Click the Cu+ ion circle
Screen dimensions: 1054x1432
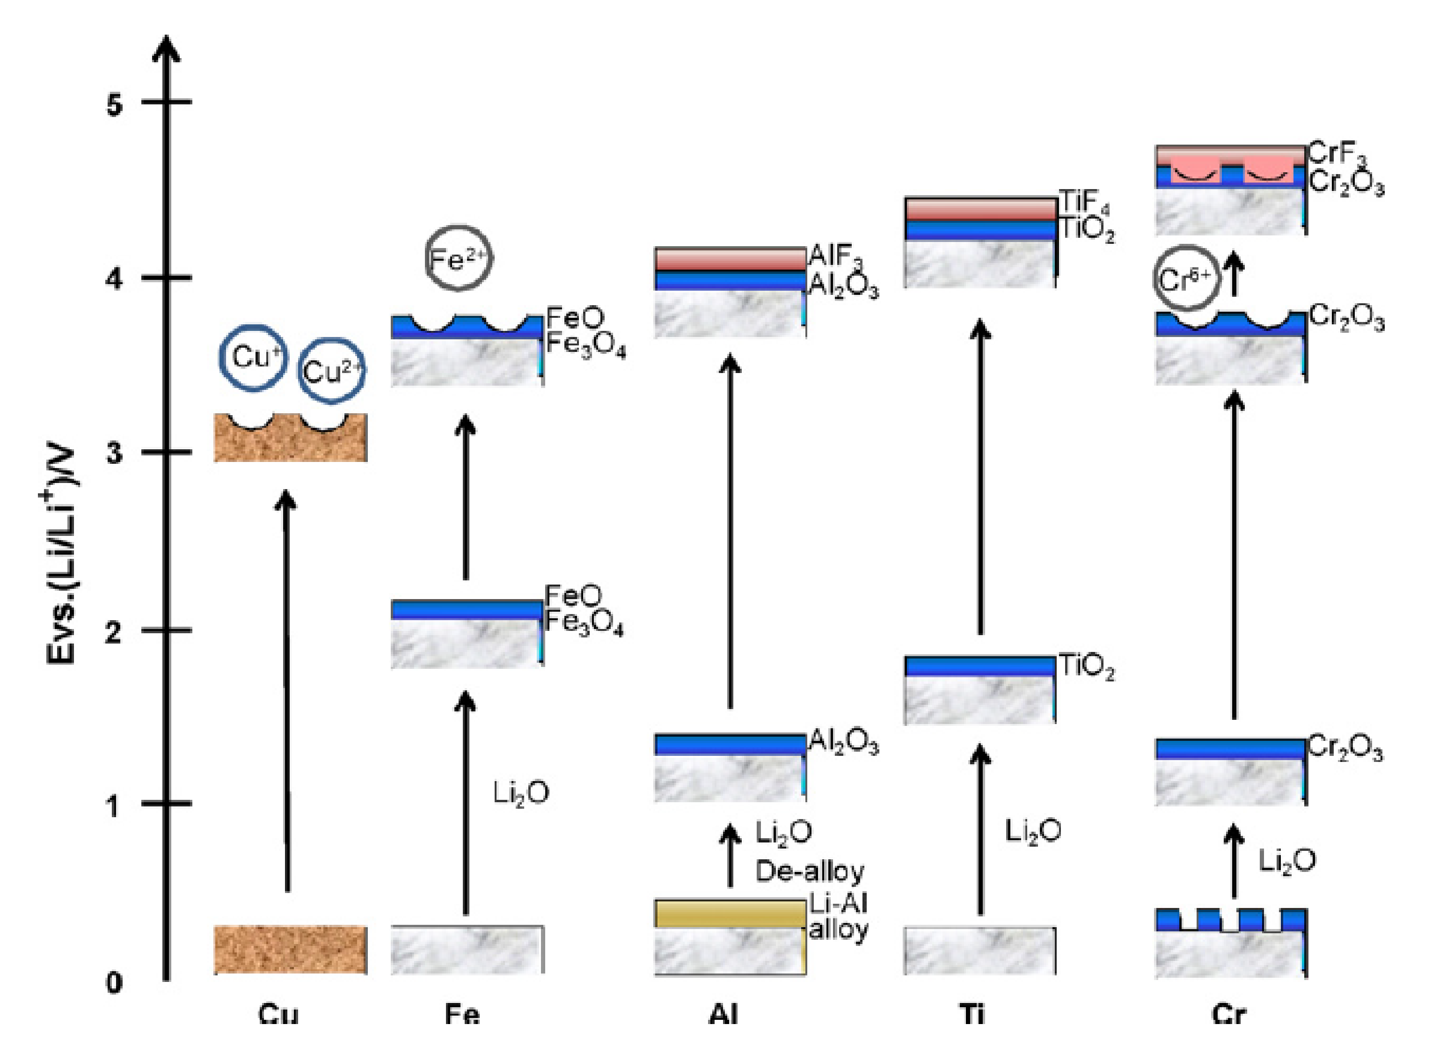click(253, 357)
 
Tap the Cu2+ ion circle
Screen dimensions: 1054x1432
click(331, 371)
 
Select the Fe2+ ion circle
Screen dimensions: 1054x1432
click(459, 258)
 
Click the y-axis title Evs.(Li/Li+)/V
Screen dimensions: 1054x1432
click(62, 555)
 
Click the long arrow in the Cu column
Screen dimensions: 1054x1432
click(286, 689)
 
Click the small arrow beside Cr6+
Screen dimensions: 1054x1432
click(1235, 274)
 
